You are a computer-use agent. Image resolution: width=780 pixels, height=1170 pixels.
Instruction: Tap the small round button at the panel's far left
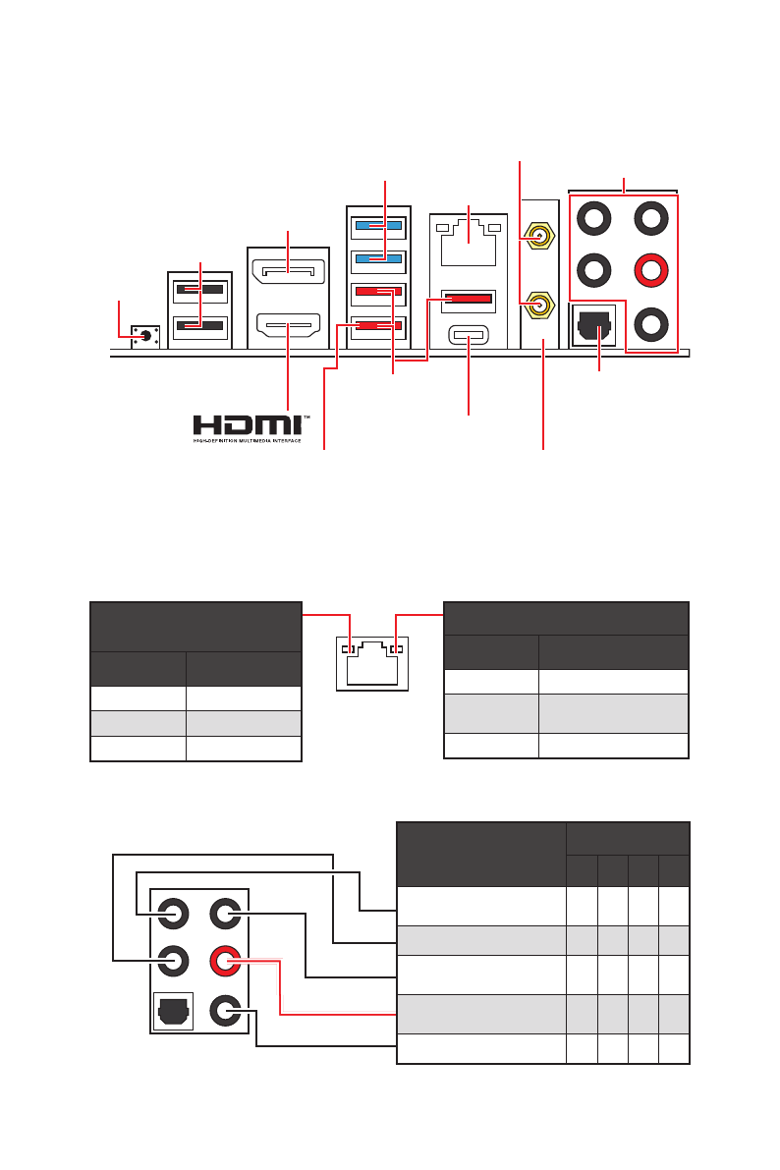(145, 335)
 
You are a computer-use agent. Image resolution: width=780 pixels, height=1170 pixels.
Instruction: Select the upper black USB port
(200, 291)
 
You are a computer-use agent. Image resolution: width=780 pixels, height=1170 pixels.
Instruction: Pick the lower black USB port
(200, 325)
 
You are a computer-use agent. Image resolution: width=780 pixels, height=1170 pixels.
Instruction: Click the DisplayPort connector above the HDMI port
(287, 268)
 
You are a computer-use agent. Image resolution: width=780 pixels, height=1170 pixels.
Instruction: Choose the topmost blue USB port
(375, 226)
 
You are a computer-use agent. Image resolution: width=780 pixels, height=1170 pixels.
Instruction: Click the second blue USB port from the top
(375, 259)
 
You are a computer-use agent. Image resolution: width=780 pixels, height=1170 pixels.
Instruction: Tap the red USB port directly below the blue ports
(375, 292)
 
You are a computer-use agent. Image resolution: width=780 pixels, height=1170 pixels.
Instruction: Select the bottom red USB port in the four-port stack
(375, 325)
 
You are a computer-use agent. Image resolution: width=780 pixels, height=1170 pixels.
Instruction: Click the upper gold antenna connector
(536, 236)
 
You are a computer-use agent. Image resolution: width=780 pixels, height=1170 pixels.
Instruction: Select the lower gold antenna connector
(536, 306)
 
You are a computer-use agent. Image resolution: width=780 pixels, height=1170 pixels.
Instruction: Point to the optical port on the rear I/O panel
(594, 323)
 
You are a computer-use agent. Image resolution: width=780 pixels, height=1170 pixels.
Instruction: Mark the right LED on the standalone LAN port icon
(395, 649)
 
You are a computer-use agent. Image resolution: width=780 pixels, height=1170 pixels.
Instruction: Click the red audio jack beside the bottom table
(226, 960)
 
